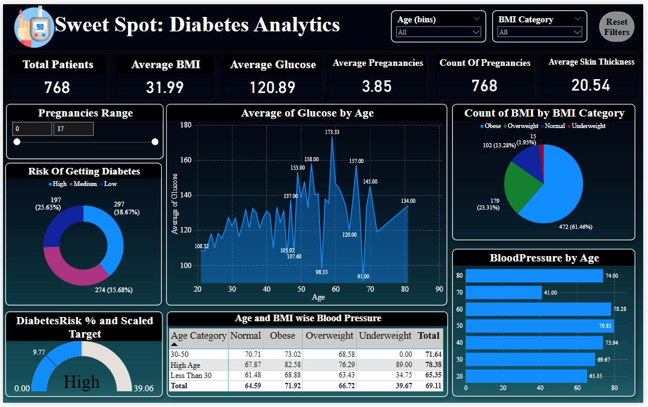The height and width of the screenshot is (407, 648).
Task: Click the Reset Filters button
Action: point(617,27)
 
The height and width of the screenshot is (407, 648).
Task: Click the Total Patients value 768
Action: point(57,87)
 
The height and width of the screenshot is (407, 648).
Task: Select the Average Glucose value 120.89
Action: point(272,87)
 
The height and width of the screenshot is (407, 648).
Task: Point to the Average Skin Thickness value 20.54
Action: point(591,85)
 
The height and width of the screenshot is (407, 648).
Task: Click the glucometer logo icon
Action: point(34,27)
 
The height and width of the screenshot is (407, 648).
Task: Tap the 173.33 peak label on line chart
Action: point(332,132)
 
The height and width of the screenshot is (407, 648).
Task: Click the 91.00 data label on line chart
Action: point(362,277)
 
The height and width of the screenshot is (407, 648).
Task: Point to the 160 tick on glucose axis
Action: point(186,161)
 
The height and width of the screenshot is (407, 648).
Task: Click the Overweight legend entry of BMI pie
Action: point(522,126)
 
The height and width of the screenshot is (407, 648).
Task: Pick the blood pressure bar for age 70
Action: point(504,293)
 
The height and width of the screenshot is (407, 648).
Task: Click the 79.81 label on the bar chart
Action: point(624,327)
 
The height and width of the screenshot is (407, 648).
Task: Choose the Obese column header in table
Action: point(283,336)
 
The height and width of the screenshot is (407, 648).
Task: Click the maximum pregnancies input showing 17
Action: point(73,129)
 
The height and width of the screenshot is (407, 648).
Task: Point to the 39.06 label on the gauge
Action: point(143,388)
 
